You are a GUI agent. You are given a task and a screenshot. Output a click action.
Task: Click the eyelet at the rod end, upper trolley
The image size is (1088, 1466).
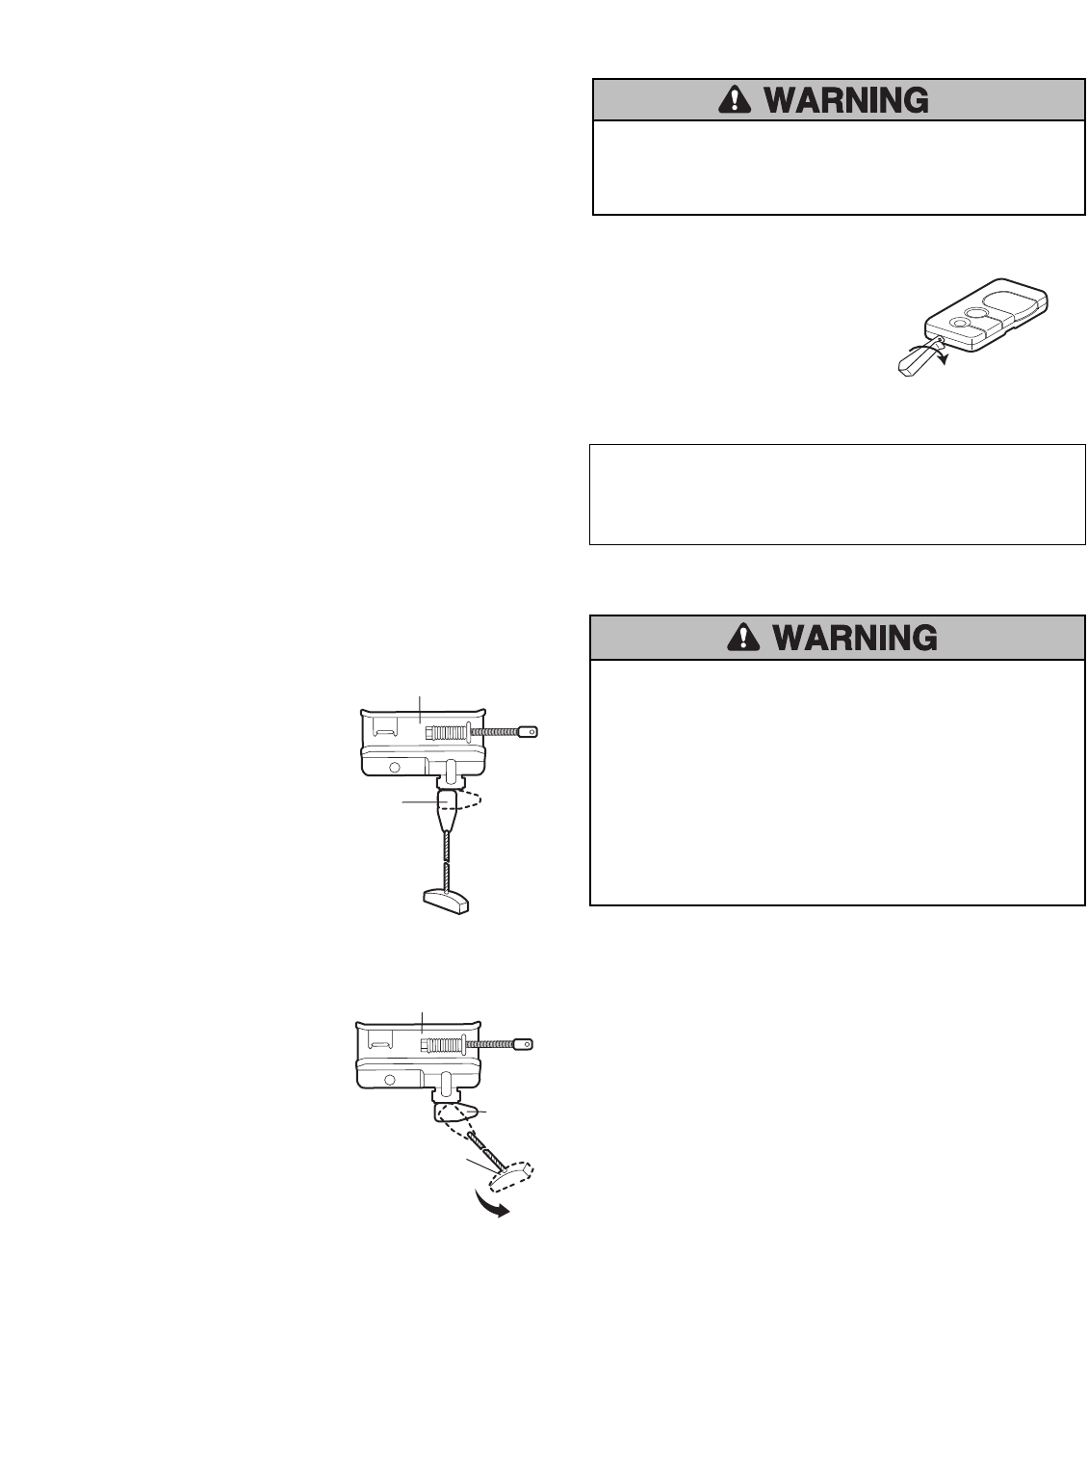pyautogui.click(x=529, y=733)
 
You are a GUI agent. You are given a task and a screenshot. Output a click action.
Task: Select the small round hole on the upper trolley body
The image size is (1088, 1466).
pyautogui.click(x=395, y=767)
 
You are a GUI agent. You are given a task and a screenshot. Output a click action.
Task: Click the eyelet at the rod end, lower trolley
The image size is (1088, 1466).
pyautogui.click(x=523, y=1044)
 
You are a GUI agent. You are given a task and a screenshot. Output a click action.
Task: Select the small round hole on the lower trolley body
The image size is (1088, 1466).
pyautogui.click(x=392, y=1080)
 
